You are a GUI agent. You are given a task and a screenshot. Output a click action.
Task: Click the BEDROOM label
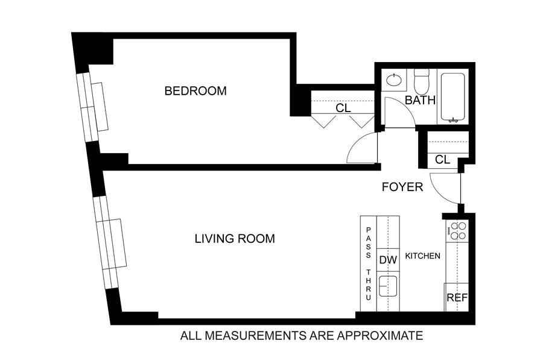pos(195,91)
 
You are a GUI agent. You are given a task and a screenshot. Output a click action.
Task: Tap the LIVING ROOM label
pos(235,239)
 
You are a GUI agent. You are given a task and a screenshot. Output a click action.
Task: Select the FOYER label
pos(402,187)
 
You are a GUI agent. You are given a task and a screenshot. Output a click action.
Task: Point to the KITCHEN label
pos(422,256)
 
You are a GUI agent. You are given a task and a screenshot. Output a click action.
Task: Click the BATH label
pos(420,100)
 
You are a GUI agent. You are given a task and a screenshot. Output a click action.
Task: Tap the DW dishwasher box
pos(388,260)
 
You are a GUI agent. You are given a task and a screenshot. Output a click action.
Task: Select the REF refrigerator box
pos(457,297)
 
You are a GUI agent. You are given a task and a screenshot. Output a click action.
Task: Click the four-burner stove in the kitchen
pos(457,231)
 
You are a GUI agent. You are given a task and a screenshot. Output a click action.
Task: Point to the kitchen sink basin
pos(388,286)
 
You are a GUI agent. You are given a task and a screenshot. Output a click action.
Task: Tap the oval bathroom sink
pos(394,80)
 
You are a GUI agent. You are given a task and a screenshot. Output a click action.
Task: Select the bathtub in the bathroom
pos(453,97)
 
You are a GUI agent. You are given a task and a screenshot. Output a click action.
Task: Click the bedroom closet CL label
pos(343,108)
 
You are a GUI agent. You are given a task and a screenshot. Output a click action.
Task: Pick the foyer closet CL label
pos(442,160)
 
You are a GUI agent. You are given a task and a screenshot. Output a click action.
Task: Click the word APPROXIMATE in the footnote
pos(380,336)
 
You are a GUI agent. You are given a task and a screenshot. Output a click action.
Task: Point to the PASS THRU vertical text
pos(369,263)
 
